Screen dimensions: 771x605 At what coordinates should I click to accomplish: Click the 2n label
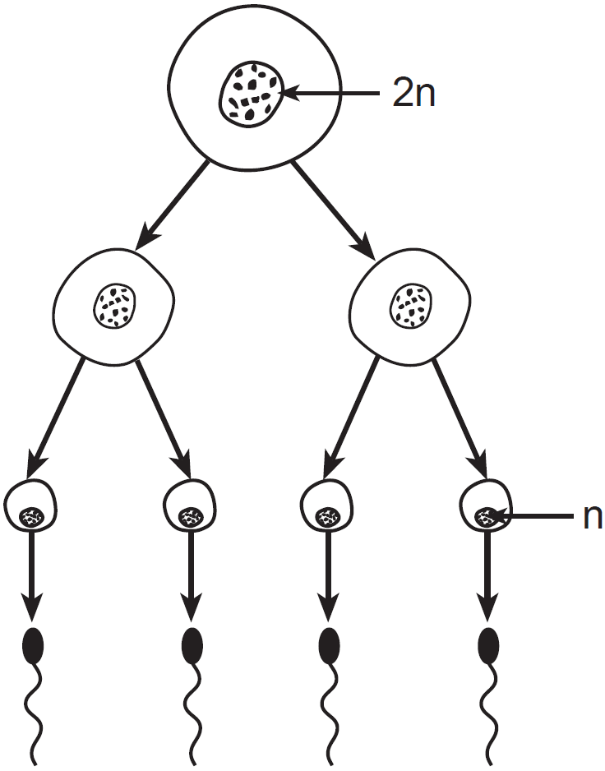pyautogui.click(x=413, y=95)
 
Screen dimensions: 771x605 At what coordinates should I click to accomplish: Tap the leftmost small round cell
pyautogui.click(x=31, y=505)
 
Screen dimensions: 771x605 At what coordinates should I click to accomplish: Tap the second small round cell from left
pyautogui.click(x=191, y=505)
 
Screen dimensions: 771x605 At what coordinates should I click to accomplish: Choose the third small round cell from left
pyautogui.click(x=328, y=505)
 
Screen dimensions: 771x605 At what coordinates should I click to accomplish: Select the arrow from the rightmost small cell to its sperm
pyautogui.click(x=487, y=575)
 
